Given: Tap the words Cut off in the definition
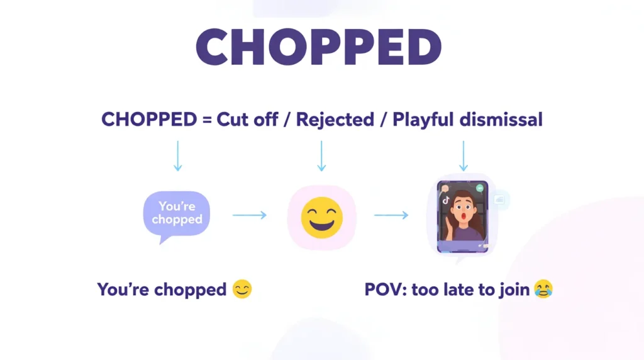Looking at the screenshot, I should (x=247, y=120).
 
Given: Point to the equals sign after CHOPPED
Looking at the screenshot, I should (x=206, y=120).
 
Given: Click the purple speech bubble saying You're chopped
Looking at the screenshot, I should (x=177, y=214).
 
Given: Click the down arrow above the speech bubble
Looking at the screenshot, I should (x=178, y=155).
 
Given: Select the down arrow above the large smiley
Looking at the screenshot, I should (x=321, y=155).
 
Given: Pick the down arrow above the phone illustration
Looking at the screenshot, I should (x=464, y=155).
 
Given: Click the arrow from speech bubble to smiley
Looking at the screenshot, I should (x=250, y=215).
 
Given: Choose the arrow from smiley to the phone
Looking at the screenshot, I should (x=391, y=215).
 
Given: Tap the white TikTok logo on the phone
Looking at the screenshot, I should (x=446, y=200).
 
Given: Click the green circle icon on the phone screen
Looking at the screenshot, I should (x=480, y=188).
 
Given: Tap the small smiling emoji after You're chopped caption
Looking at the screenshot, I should (x=242, y=290).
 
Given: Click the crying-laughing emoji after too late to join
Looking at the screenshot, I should (x=543, y=290).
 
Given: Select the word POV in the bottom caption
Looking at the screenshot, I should (x=381, y=290).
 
